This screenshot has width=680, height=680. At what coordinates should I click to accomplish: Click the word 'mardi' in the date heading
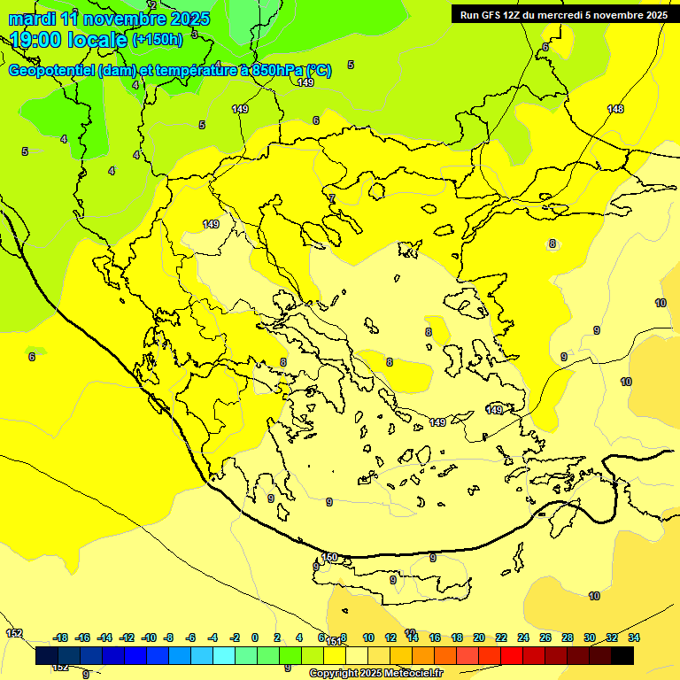coord(32,19)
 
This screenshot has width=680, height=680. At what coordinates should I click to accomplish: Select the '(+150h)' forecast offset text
coord(158,40)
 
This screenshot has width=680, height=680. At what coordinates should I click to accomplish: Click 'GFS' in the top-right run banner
coord(491,15)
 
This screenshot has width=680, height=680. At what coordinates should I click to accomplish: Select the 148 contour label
coord(615,109)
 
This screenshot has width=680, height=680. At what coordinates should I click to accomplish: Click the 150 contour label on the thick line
coord(329,557)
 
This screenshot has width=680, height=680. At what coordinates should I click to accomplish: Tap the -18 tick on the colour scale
coord(61,637)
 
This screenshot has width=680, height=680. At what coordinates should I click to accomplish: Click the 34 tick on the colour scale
coord(633,637)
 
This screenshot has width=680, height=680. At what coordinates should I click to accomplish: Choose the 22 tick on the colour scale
coord(501,637)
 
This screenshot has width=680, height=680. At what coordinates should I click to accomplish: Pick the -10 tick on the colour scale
coord(149,637)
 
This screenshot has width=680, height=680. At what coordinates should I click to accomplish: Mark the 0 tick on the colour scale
coord(255,637)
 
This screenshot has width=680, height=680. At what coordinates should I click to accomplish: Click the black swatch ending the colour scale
coord(622,656)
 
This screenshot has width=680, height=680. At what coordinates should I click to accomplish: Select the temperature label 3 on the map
coord(194,34)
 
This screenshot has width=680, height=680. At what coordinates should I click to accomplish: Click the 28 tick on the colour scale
coord(568,637)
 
